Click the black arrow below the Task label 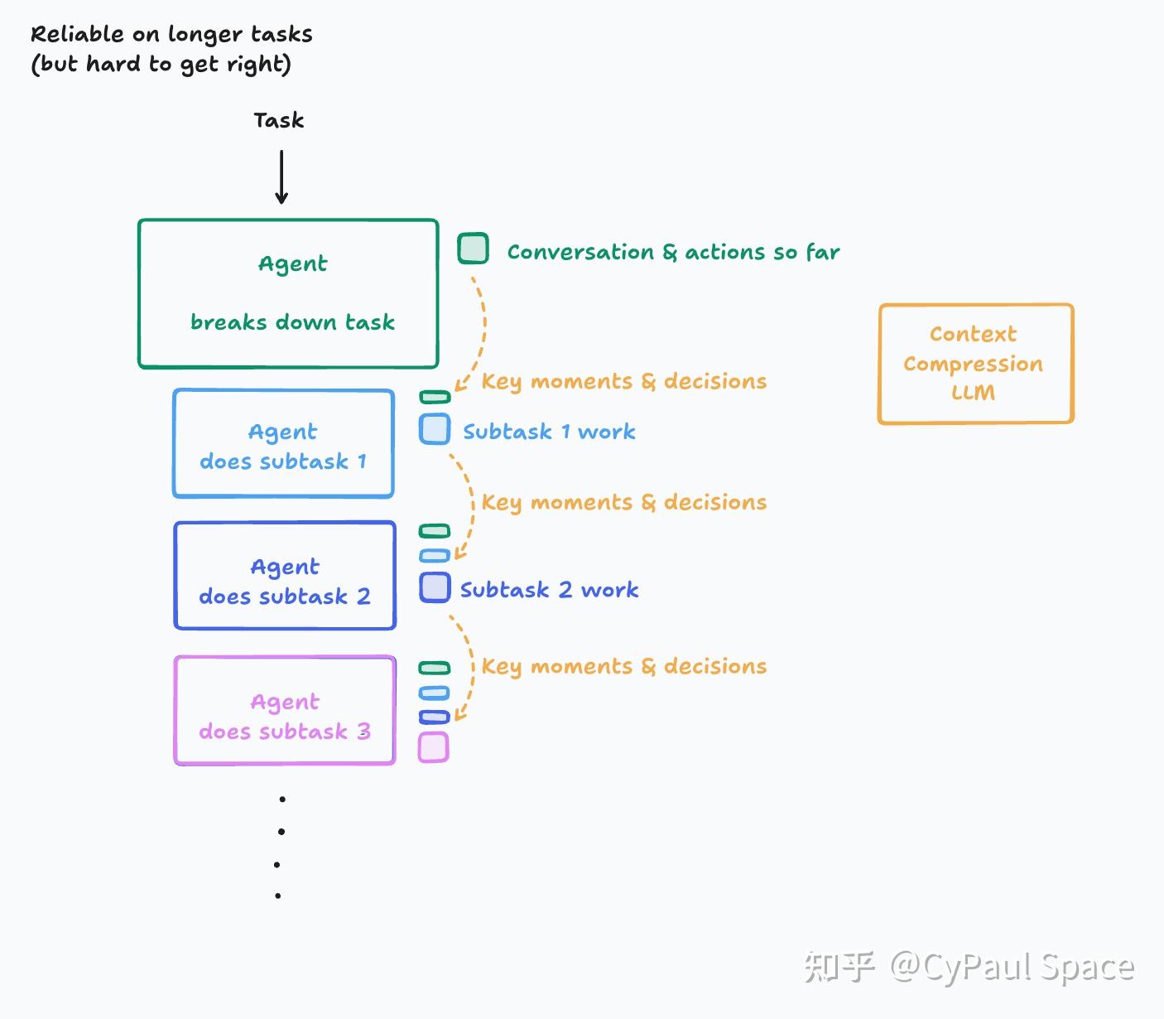[281, 177]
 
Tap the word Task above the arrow [279, 121]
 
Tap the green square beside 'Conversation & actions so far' [473, 249]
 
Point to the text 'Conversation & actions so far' [674, 252]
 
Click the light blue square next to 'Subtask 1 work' [435, 429]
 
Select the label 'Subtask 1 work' [549, 432]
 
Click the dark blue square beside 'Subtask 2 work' [435, 587]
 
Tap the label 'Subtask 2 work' [549, 590]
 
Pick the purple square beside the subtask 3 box [434, 747]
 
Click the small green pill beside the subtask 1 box [435, 397]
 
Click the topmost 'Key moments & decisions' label [624, 381]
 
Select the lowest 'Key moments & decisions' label [624, 667]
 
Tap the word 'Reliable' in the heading [77, 34]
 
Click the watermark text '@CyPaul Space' [1012, 967]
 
